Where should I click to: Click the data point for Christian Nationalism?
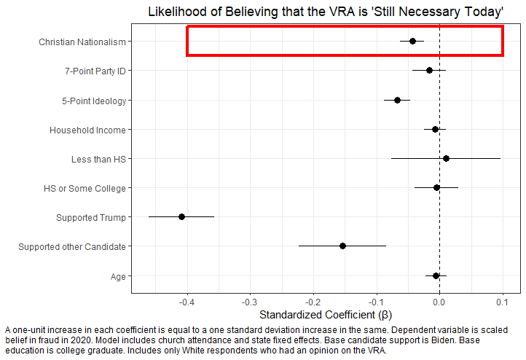pos(412,41)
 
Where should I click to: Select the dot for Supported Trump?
pos(181,216)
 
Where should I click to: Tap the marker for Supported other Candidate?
pos(342,246)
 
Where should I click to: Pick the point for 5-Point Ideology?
pos(397,100)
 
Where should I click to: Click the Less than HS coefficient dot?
pos(446,158)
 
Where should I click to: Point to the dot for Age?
pos(436,275)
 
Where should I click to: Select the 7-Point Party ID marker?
pos(429,70)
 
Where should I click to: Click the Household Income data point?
pos(435,129)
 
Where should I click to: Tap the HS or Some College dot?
pos(436,187)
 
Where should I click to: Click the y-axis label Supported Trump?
pos(90,217)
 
